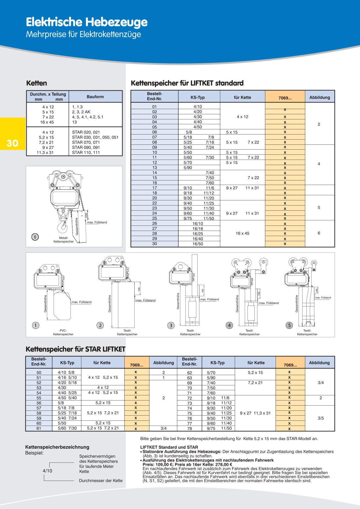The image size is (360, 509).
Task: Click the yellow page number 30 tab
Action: (x=12, y=143)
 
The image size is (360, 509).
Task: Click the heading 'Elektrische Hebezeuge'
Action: (x=87, y=22)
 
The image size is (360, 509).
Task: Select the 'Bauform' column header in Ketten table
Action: (x=95, y=97)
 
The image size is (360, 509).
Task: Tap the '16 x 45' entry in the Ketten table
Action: (x=47, y=122)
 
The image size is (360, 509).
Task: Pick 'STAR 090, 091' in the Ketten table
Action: (x=86, y=148)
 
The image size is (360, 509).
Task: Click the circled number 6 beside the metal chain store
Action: (x=35, y=237)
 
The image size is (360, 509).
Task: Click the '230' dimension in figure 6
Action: (x=86, y=215)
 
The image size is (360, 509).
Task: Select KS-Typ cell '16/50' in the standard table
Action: (x=198, y=244)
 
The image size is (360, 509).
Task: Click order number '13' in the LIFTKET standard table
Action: (x=155, y=167)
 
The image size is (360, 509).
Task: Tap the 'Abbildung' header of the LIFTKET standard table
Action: (x=319, y=97)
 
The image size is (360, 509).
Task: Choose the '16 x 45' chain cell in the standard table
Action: (x=242, y=233)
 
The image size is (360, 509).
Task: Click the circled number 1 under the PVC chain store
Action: (x=36, y=325)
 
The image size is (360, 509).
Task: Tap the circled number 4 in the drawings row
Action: (x=229, y=325)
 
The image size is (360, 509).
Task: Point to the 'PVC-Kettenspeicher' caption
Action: (x=63, y=332)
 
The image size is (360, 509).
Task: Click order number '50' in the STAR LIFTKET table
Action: (x=39, y=373)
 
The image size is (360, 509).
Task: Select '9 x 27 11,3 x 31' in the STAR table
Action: (x=255, y=413)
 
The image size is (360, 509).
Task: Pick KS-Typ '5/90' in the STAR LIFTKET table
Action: (x=211, y=378)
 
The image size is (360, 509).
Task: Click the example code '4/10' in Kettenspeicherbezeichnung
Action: (x=47, y=471)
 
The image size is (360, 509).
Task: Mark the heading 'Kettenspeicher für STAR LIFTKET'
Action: (x=75, y=349)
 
